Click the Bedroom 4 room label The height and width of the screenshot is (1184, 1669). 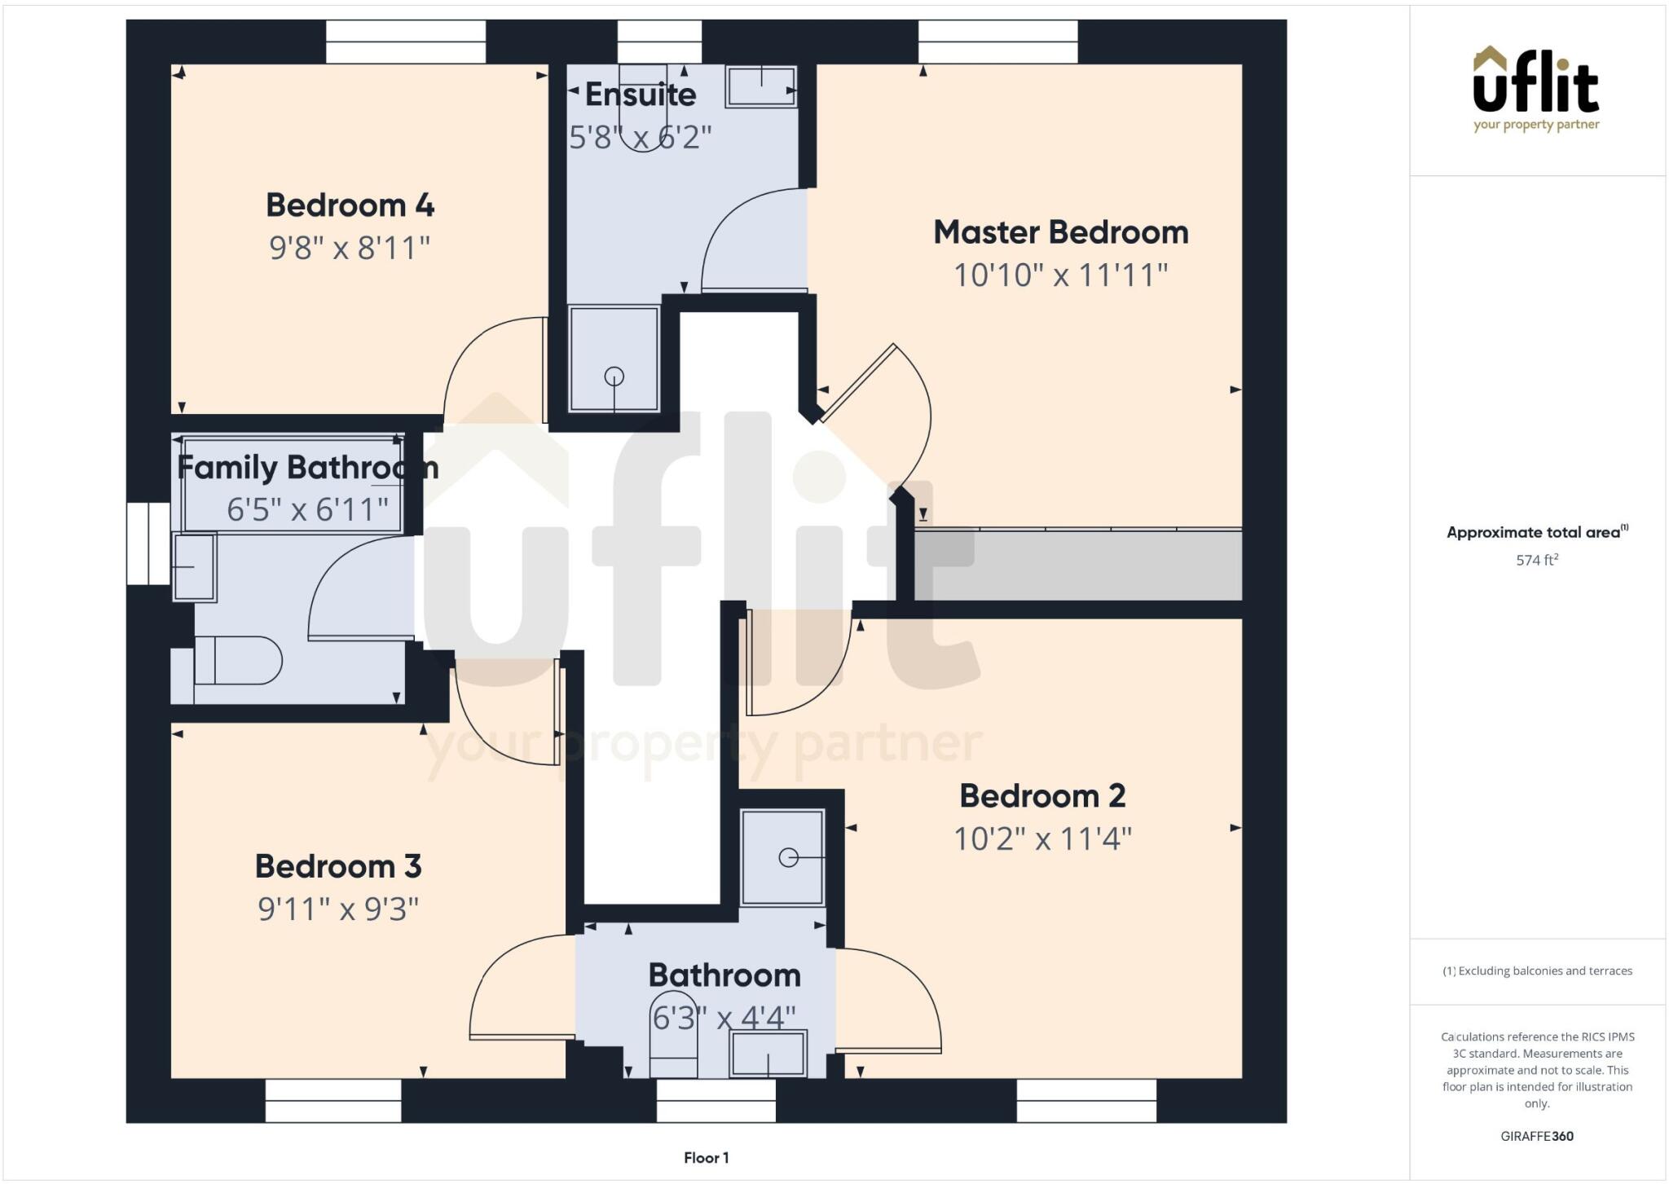tap(350, 205)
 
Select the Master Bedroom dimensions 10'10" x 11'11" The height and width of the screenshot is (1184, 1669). tap(1060, 275)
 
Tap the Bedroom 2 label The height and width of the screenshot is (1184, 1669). tap(1042, 795)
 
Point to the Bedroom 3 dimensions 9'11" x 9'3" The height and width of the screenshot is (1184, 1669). tap(338, 909)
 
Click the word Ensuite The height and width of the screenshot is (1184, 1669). tap(641, 95)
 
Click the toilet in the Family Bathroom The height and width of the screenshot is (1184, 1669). tap(237, 660)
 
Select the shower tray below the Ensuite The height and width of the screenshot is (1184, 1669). tap(614, 359)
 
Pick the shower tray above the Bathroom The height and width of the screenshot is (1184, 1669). tap(782, 857)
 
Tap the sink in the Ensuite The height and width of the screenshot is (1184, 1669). tap(761, 86)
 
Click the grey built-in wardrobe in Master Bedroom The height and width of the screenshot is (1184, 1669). tap(1077, 565)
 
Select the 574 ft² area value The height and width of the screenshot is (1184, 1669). tap(1537, 561)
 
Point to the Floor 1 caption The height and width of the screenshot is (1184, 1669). tap(706, 1158)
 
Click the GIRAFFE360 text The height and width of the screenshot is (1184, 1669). tap(1537, 1136)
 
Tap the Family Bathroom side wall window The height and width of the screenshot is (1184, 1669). tap(148, 544)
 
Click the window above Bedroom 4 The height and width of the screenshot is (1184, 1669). tap(406, 42)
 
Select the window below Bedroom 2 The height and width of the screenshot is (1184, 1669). tap(1086, 1100)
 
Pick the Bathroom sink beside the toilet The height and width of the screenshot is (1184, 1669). tap(768, 1053)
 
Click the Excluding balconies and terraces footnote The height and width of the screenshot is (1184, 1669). tap(1537, 971)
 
